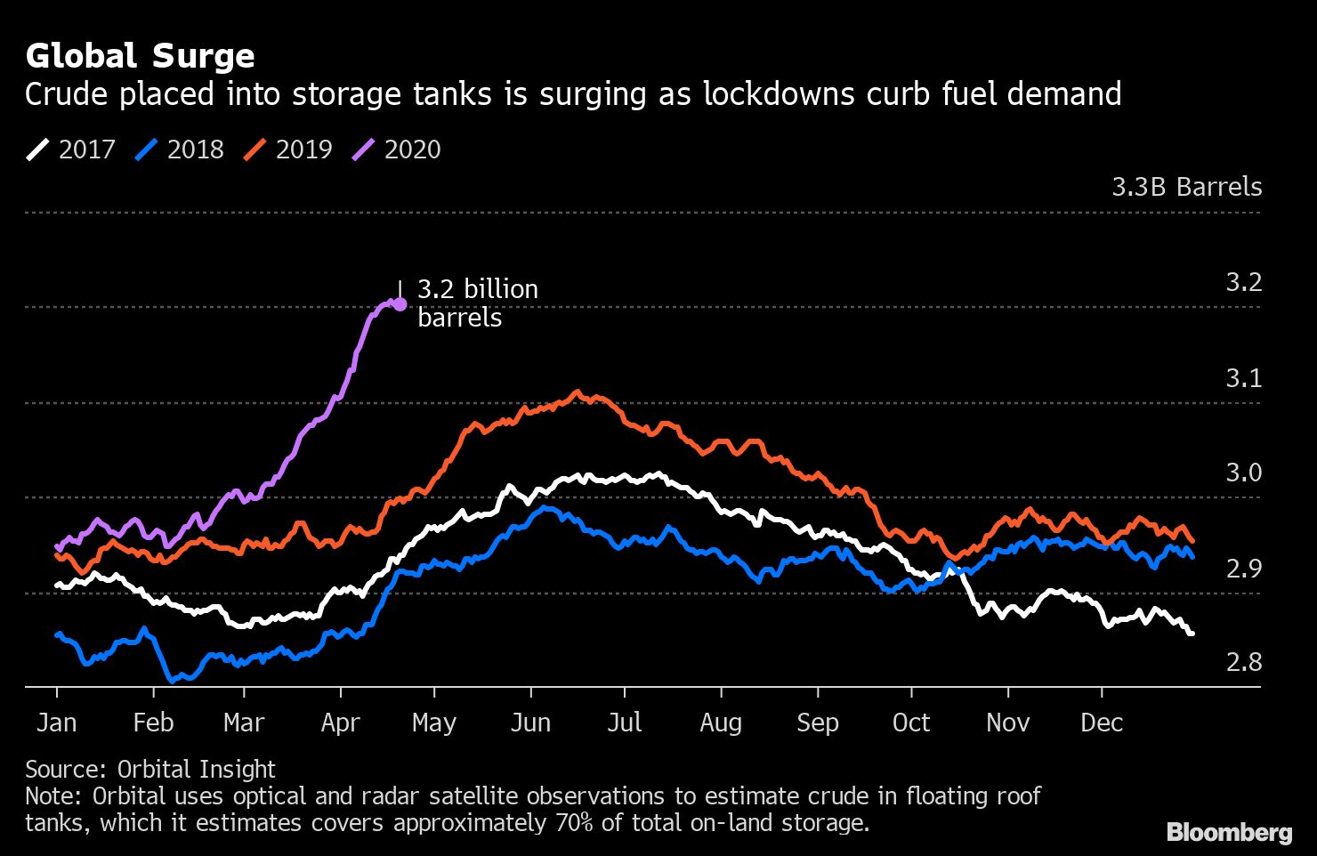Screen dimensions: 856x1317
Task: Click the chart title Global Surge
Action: click(140, 56)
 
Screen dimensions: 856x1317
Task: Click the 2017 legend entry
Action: click(71, 149)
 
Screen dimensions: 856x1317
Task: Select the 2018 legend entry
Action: click(180, 149)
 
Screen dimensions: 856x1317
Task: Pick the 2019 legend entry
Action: click(288, 149)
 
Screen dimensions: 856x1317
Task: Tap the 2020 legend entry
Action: click(397, 149)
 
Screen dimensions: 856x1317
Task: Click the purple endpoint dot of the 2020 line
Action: click(400, 304)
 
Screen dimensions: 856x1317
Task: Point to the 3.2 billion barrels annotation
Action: click(477, 303)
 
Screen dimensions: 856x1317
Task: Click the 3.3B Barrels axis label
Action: click(1186, 187)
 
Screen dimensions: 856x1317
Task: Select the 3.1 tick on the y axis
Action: click(1243, 378)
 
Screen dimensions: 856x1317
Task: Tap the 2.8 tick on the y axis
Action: click(1243, 662)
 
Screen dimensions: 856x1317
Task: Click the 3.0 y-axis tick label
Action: click(1243, 472)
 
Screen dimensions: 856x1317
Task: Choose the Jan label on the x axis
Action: click(56, 723)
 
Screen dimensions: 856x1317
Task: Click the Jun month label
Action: click(530, 723)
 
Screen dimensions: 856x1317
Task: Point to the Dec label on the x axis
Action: click(1102, 723)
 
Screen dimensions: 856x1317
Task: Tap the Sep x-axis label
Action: click(817, 723)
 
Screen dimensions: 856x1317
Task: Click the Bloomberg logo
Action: click(1229, 832)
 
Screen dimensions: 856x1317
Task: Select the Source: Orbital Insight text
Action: click(150, 769)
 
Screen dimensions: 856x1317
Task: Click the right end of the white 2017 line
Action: click(1191, 633)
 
